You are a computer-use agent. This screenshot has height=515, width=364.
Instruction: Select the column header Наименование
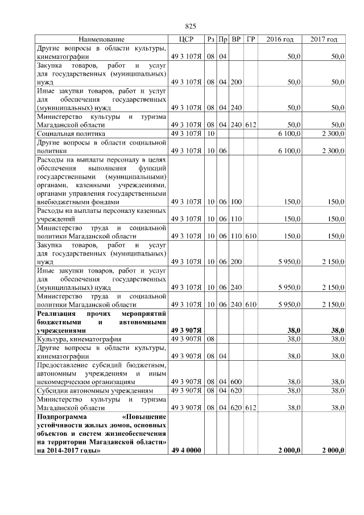tap(102, 39)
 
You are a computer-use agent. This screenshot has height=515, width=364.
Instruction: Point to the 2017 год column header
tap(324, 39)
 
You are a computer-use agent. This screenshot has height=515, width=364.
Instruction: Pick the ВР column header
tap(237, 39)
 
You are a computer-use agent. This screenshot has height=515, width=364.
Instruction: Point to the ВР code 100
tap(237, 201)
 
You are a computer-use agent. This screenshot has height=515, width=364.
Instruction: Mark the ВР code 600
tap(237, 382)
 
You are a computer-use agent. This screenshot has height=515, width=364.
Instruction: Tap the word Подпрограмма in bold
tap(64, 417)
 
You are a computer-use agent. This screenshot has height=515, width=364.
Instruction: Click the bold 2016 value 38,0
tap(294, 329)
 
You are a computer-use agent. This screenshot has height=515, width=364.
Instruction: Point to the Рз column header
tap(210, 39)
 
